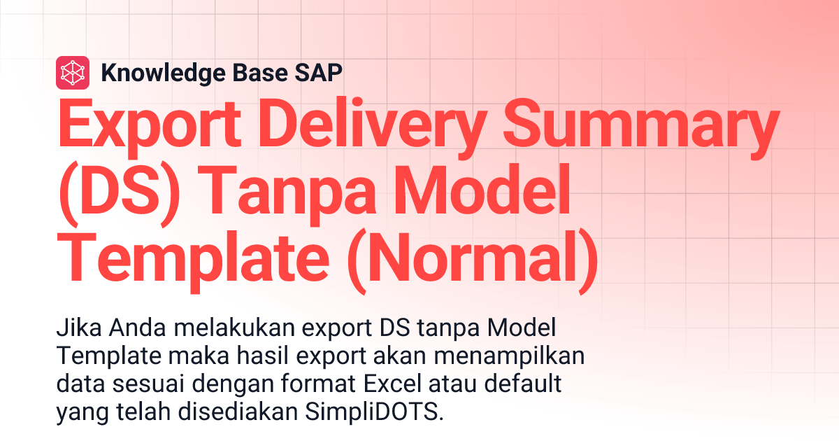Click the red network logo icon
(73, 72)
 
